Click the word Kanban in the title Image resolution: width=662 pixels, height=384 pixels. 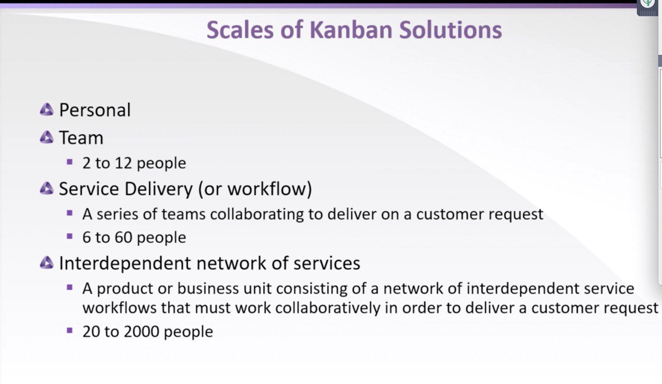(351, 30)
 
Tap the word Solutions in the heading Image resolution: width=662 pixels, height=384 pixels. (450, 30)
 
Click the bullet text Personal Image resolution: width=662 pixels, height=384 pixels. (95, 110)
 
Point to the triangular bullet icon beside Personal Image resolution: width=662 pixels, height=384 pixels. (47, 109)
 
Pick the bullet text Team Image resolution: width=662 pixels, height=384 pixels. (81, 138)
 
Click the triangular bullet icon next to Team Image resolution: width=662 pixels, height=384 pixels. (47, 137)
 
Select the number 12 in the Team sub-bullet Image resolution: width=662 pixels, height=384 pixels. (123, 163)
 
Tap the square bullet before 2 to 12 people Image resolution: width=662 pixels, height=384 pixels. (70, 162)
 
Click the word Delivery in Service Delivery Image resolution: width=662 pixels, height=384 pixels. (159, 189)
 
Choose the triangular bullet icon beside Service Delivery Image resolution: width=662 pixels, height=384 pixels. (47, 188)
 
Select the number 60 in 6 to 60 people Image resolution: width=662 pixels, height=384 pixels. (123, 237)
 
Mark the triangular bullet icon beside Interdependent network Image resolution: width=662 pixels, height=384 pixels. (47, 263)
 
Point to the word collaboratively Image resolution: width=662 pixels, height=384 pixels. (328, 308)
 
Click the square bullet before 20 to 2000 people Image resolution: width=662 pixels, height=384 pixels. (70, 331)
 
